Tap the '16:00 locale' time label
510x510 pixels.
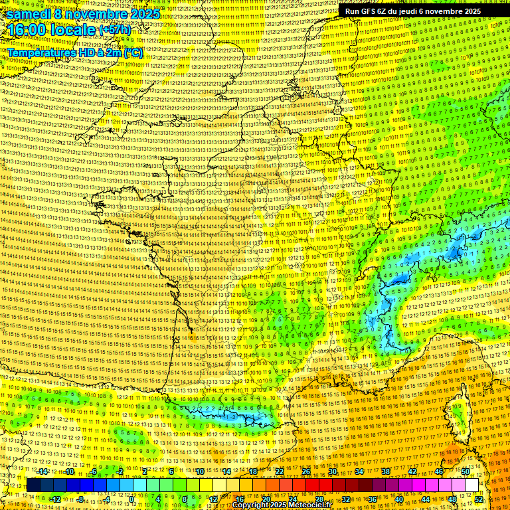click(x=50, y=30)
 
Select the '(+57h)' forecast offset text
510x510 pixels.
click(x=115, y=30)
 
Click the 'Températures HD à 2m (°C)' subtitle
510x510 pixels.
click(x=74, y=52)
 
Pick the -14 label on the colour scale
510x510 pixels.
click(x=43, y=471)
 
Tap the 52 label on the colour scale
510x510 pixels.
click(x=479, y=499)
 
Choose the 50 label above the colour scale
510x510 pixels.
click(x=466, y=471)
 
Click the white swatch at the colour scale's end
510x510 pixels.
click(x=471, y=485)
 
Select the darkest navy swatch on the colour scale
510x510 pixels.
click(x=33, y=485)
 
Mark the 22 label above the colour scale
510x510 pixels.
click(x=280, y=471)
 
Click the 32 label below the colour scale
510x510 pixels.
click(x=346, y=499)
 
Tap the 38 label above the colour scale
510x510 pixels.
click(x=386, y=471)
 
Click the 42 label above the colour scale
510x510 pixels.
click(x=412, y=471)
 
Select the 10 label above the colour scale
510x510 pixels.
click(x=200, y=471)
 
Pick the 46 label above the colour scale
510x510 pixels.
click(x=439, y=471)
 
